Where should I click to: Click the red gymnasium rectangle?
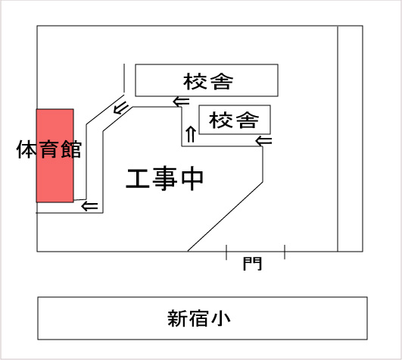pyautogui.click(x=55, y=156)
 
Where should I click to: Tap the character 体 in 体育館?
pyautogui.click(x=26, y=149)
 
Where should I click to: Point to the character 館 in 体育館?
pyautogui.click(x=71, y=149)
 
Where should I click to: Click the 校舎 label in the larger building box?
pyautogui.click(x=208, y=82)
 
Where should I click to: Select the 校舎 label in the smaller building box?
pyautogui.click(x=234, y=120)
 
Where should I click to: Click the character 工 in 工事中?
pyautogui.click(x=138, y=179)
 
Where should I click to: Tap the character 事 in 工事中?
pyautogui.click(x=165, y=179)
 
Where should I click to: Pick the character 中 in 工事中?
pyautogui.click(x=192, y=179)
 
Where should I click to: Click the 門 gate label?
pyautogui.click(x=252, y=263)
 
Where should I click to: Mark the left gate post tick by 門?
pyautogui.click(x=226, y=252)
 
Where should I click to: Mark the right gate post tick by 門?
pyautogui.click(x=285, y=252)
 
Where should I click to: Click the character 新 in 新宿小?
pyautogui.click(x=177, y=318)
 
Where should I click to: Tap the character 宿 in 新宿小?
pyautogui.click(x=198, y=318)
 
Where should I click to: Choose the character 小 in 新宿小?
pyautogui.click(x=220, y=318)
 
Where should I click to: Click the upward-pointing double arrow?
pyautogui.click(x=191, y=134)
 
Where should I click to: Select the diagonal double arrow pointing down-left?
pyautogui.click(x=121, y=108)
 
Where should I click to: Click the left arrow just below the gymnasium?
pyautogui.click(x=89, y=206)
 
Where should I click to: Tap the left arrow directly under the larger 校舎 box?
pyautogui.click(x=181, y=102)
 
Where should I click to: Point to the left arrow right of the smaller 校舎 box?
pyautogui.click(x=263, y=141)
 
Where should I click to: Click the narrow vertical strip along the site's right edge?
pyautogui.click(x=351, y=139)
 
